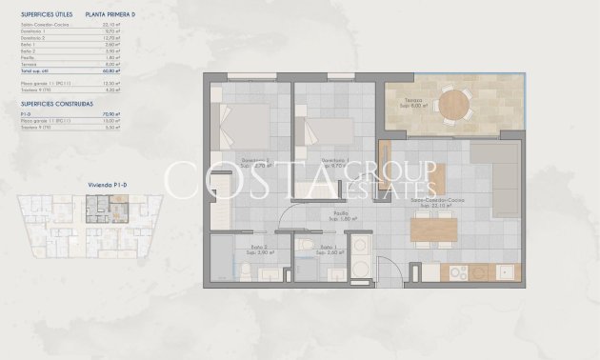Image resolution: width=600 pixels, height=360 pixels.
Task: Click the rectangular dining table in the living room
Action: (434, 230)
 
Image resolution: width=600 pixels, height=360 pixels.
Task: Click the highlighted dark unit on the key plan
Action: (98, 205)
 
